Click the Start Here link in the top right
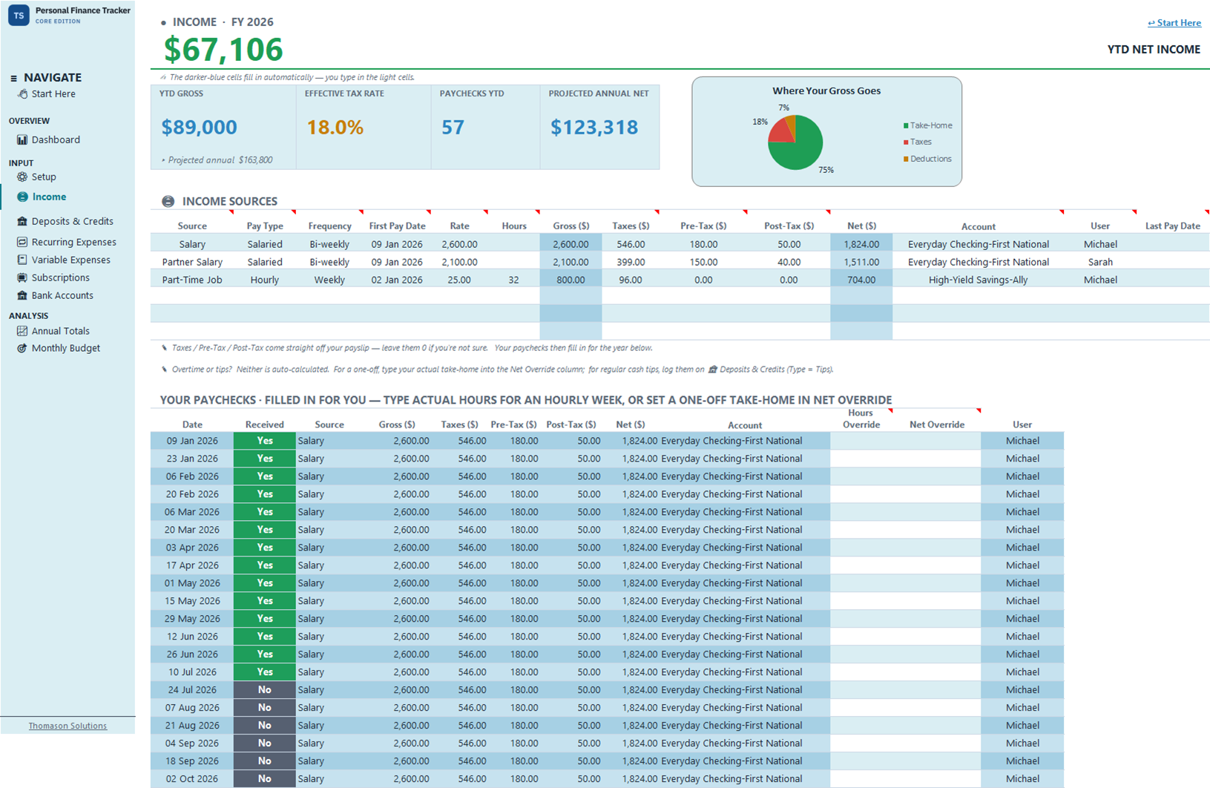pyautogui.click(x=1174, y=23)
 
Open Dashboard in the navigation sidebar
pyautogui.click(x=55, y=139)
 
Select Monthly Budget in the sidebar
pyautogui.click(x=65, y=348)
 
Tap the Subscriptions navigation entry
pyautogui.click(x=60, y=277)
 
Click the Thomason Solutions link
pyautogui.click(x=68, y=726)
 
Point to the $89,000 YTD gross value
pyautogui.click(x=200, y=127)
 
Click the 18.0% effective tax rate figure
pyautogui.click(x=335, y=127)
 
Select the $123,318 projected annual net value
pyautogui.click(x=594, y=127)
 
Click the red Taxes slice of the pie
pyautogui.click(x=782, y=132)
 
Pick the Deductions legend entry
pyautogui.click(x=927, y=159)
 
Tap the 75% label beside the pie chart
pyautogui.click(x=826, y=170)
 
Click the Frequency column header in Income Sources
pyautogui.click(x=329, y=226)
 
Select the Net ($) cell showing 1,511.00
pyautogui.click(x=861, y=262)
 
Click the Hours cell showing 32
pyautogui.click(x=513, y=280)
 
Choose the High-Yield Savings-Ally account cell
pyautogui.click(x=978, y=280)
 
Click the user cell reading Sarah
pyautogui.click(x=1099, y=262)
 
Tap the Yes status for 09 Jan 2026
pyautogui.click(x=265, y=441)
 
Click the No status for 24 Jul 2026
pyautogui.click(x=265, y=690)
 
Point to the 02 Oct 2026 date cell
pyautogui.click(x=191, y=779)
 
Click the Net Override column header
pyautogui.click(x=937, y=424)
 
